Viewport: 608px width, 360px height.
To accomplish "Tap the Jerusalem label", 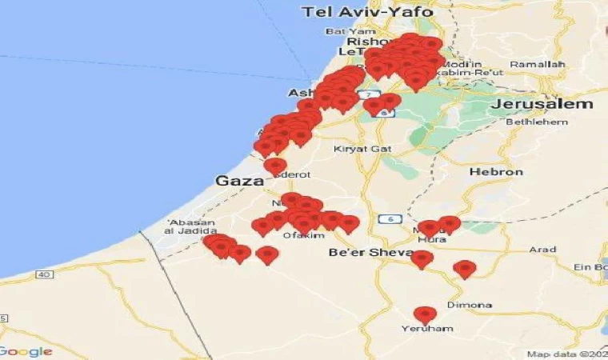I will pos(544,104).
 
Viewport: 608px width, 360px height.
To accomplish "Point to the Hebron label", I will pos(496,172).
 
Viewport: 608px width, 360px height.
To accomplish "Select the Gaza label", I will pos(239,182).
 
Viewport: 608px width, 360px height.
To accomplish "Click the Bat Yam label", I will pos(345,32).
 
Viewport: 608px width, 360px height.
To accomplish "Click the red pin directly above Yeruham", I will pos(426,314).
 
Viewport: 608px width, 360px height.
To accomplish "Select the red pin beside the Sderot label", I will pos(275,166).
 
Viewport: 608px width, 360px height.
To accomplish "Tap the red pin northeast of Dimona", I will pos(464,268).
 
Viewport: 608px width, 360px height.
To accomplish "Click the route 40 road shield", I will pos(43,274).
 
